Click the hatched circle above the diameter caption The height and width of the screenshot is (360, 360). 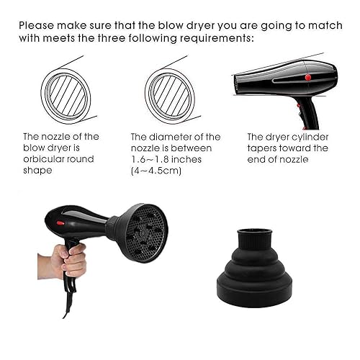point(170,91)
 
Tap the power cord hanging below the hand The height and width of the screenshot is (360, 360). point(67,302)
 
